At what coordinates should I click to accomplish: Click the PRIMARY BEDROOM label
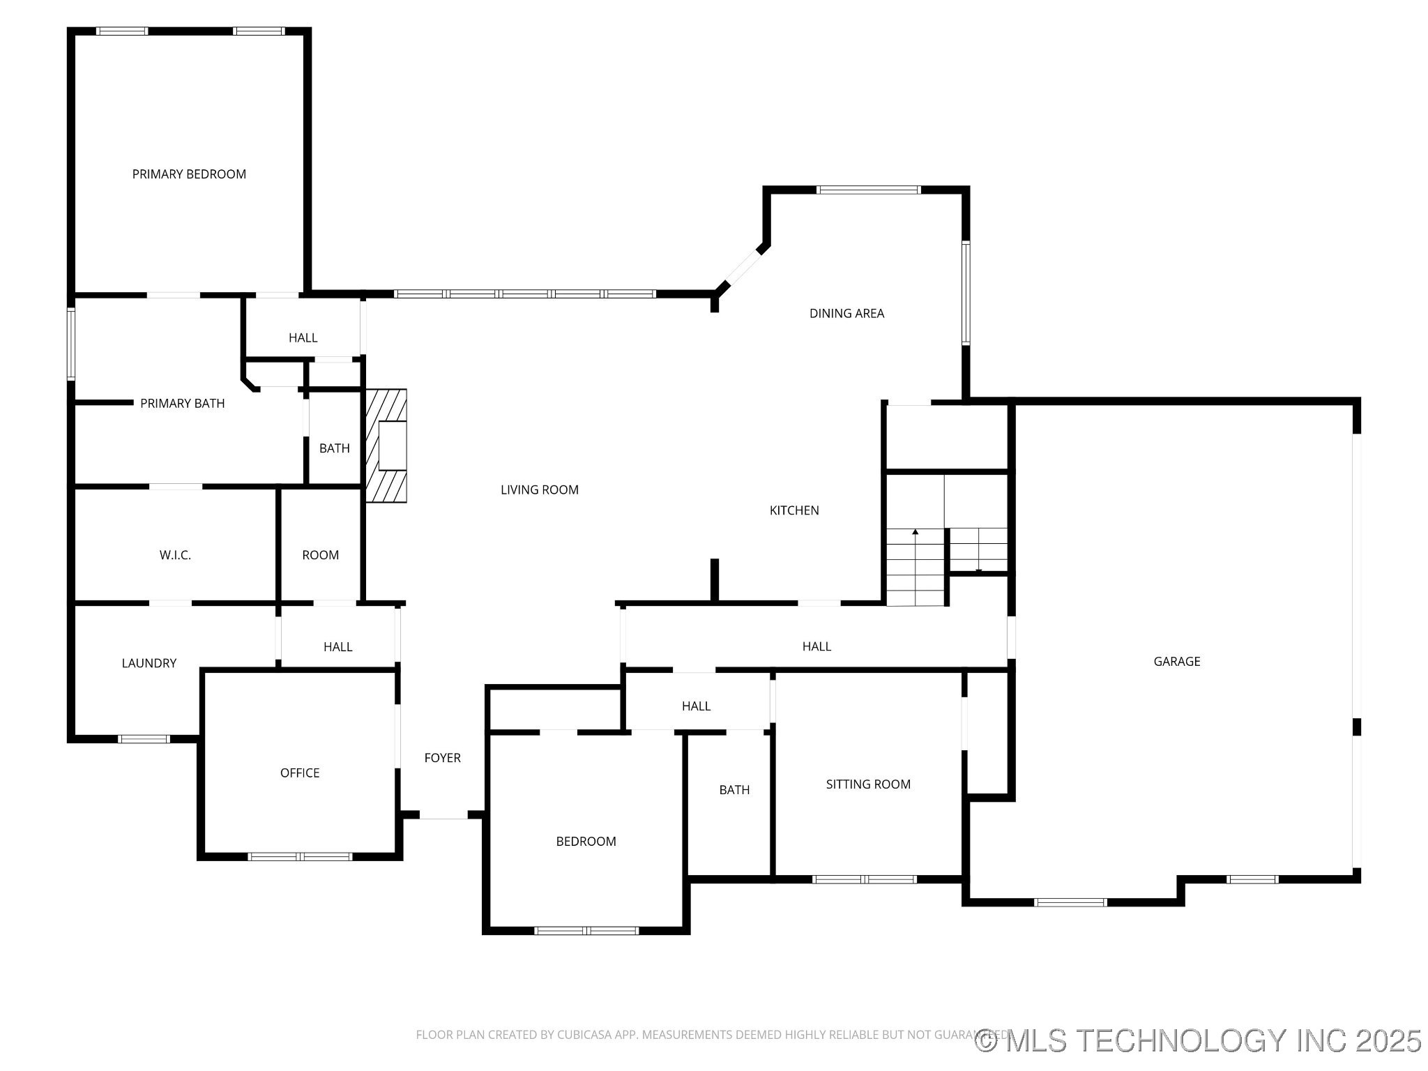click(189, 174)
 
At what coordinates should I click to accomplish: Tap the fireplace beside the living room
click(386, 446)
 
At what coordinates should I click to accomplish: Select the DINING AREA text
click(846, 314)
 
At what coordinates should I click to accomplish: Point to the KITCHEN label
click(794, 510)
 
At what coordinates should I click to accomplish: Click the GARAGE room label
click(1177, 662)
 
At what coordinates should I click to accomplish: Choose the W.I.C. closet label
click(175, 556)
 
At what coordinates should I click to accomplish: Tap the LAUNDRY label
click(149, 663)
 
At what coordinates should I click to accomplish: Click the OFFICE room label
click(300, 773)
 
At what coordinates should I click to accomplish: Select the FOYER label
click(443, 758)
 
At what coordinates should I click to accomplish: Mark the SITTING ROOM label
click(868, 784)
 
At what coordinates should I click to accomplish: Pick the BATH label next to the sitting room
click(734, 790)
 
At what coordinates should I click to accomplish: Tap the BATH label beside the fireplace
click(335, 448)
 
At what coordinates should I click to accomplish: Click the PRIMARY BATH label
click(183, 404)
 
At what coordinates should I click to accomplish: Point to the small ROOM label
click(321, 556)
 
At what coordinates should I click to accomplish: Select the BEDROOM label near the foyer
click(586, 842)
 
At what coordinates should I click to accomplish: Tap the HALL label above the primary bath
click(303, 338)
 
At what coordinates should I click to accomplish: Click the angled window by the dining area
click(743, 266)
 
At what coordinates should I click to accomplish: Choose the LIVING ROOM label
click(540, 490)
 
